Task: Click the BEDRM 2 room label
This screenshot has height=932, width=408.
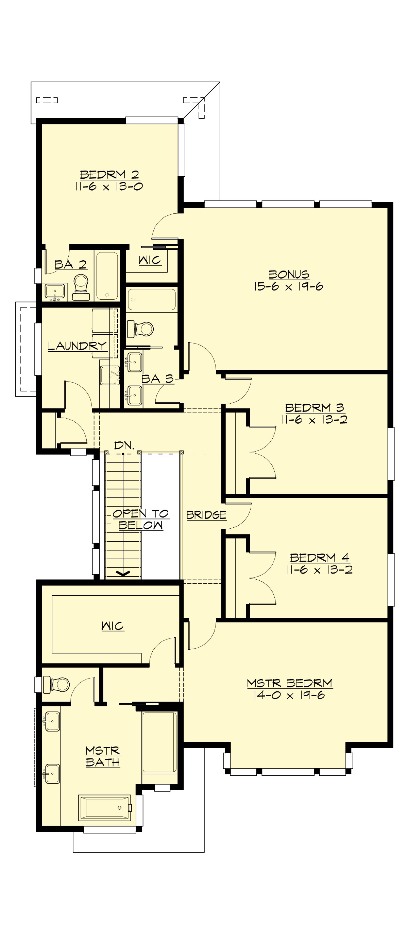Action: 109,175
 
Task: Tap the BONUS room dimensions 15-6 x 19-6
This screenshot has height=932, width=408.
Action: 289,286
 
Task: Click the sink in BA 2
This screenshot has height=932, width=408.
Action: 55,292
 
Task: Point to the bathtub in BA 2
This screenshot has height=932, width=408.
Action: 107,276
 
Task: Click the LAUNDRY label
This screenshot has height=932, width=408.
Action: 78,346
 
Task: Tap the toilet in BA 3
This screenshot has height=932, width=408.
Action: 143,329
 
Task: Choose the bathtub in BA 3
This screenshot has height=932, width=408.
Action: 152,299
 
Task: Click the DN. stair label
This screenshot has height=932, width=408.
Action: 124,445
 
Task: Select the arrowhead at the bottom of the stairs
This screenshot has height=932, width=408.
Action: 123,574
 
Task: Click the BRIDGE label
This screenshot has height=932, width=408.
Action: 206,515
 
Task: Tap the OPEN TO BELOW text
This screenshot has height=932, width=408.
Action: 140,519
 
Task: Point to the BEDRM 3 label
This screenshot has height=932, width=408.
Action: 314,408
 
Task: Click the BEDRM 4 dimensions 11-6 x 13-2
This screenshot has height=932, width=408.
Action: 319,570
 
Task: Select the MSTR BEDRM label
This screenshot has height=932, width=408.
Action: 289,683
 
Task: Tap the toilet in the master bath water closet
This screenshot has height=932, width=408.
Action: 58,684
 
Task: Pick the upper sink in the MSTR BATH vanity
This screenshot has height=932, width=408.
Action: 52,721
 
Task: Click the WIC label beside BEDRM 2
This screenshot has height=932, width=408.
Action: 150,260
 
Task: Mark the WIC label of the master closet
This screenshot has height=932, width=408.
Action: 113,626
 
